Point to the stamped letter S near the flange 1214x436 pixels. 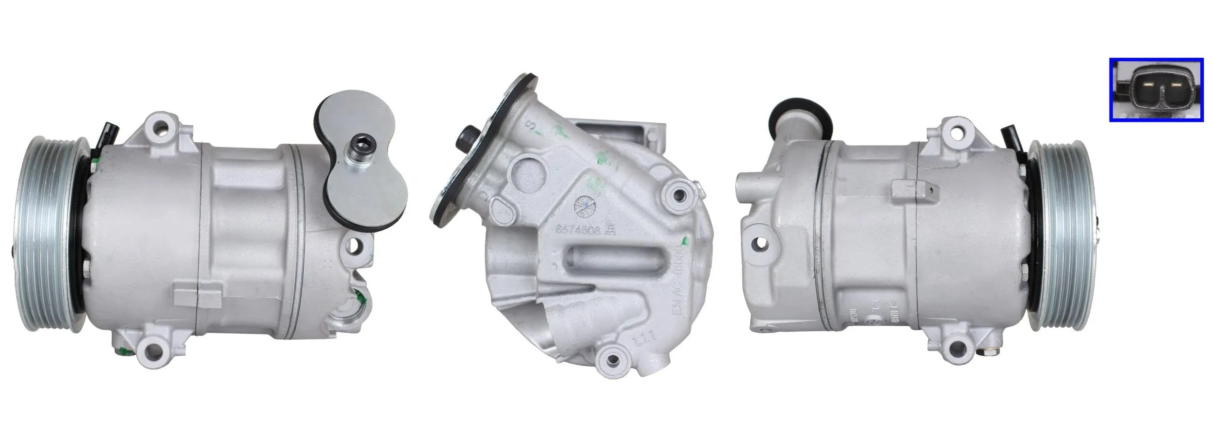click(x=532, y=126)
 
